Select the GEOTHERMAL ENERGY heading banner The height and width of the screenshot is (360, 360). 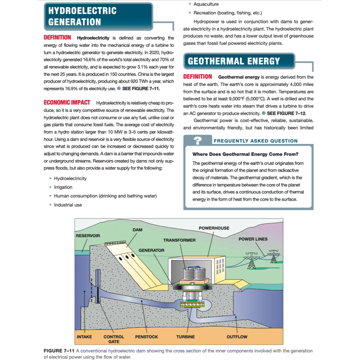pyautogui.click(x=234, y=61)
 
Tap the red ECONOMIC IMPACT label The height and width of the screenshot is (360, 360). pyautogui.click(x=66, y=102)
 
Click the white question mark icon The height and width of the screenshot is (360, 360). pyautogui.click(x=198, y=141)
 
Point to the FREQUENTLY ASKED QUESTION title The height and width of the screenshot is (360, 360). pyautogui.click(x=256, y=141)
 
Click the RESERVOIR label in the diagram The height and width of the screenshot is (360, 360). pyautogui.click(x=88, y=236)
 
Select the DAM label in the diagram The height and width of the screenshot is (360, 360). pyautogui.click(x=137, y=230)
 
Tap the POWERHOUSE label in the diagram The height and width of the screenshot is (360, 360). pyautogui.click(x=214, y=228)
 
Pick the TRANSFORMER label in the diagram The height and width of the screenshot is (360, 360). pyautogui.click(x=179, y=240)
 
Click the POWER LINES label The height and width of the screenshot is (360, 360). pyautogui.click(x=253, y=239)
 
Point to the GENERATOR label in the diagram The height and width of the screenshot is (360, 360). pyautogui.click(x=151, y=250)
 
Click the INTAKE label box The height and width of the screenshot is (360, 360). pyautogui.click(x=84, y=337)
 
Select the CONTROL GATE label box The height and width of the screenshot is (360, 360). pyautogui.click(x=114, y=339)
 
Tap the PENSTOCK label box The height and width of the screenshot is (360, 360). pyautogui.click(x=146, y=337)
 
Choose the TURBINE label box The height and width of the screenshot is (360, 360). pyautogui.click(x=185, y=337)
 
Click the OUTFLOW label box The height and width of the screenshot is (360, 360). pyautogui.click(x=237, y=337)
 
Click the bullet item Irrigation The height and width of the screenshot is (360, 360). pyautogui.click(x=63, y=187)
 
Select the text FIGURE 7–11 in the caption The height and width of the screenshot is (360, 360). pyautogui.click(x=59, y=351)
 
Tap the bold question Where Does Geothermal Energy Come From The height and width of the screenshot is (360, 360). pyautogui.click(x=245, y=154)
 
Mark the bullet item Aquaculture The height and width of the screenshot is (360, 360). pyautogui.click(x=206, y=4)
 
